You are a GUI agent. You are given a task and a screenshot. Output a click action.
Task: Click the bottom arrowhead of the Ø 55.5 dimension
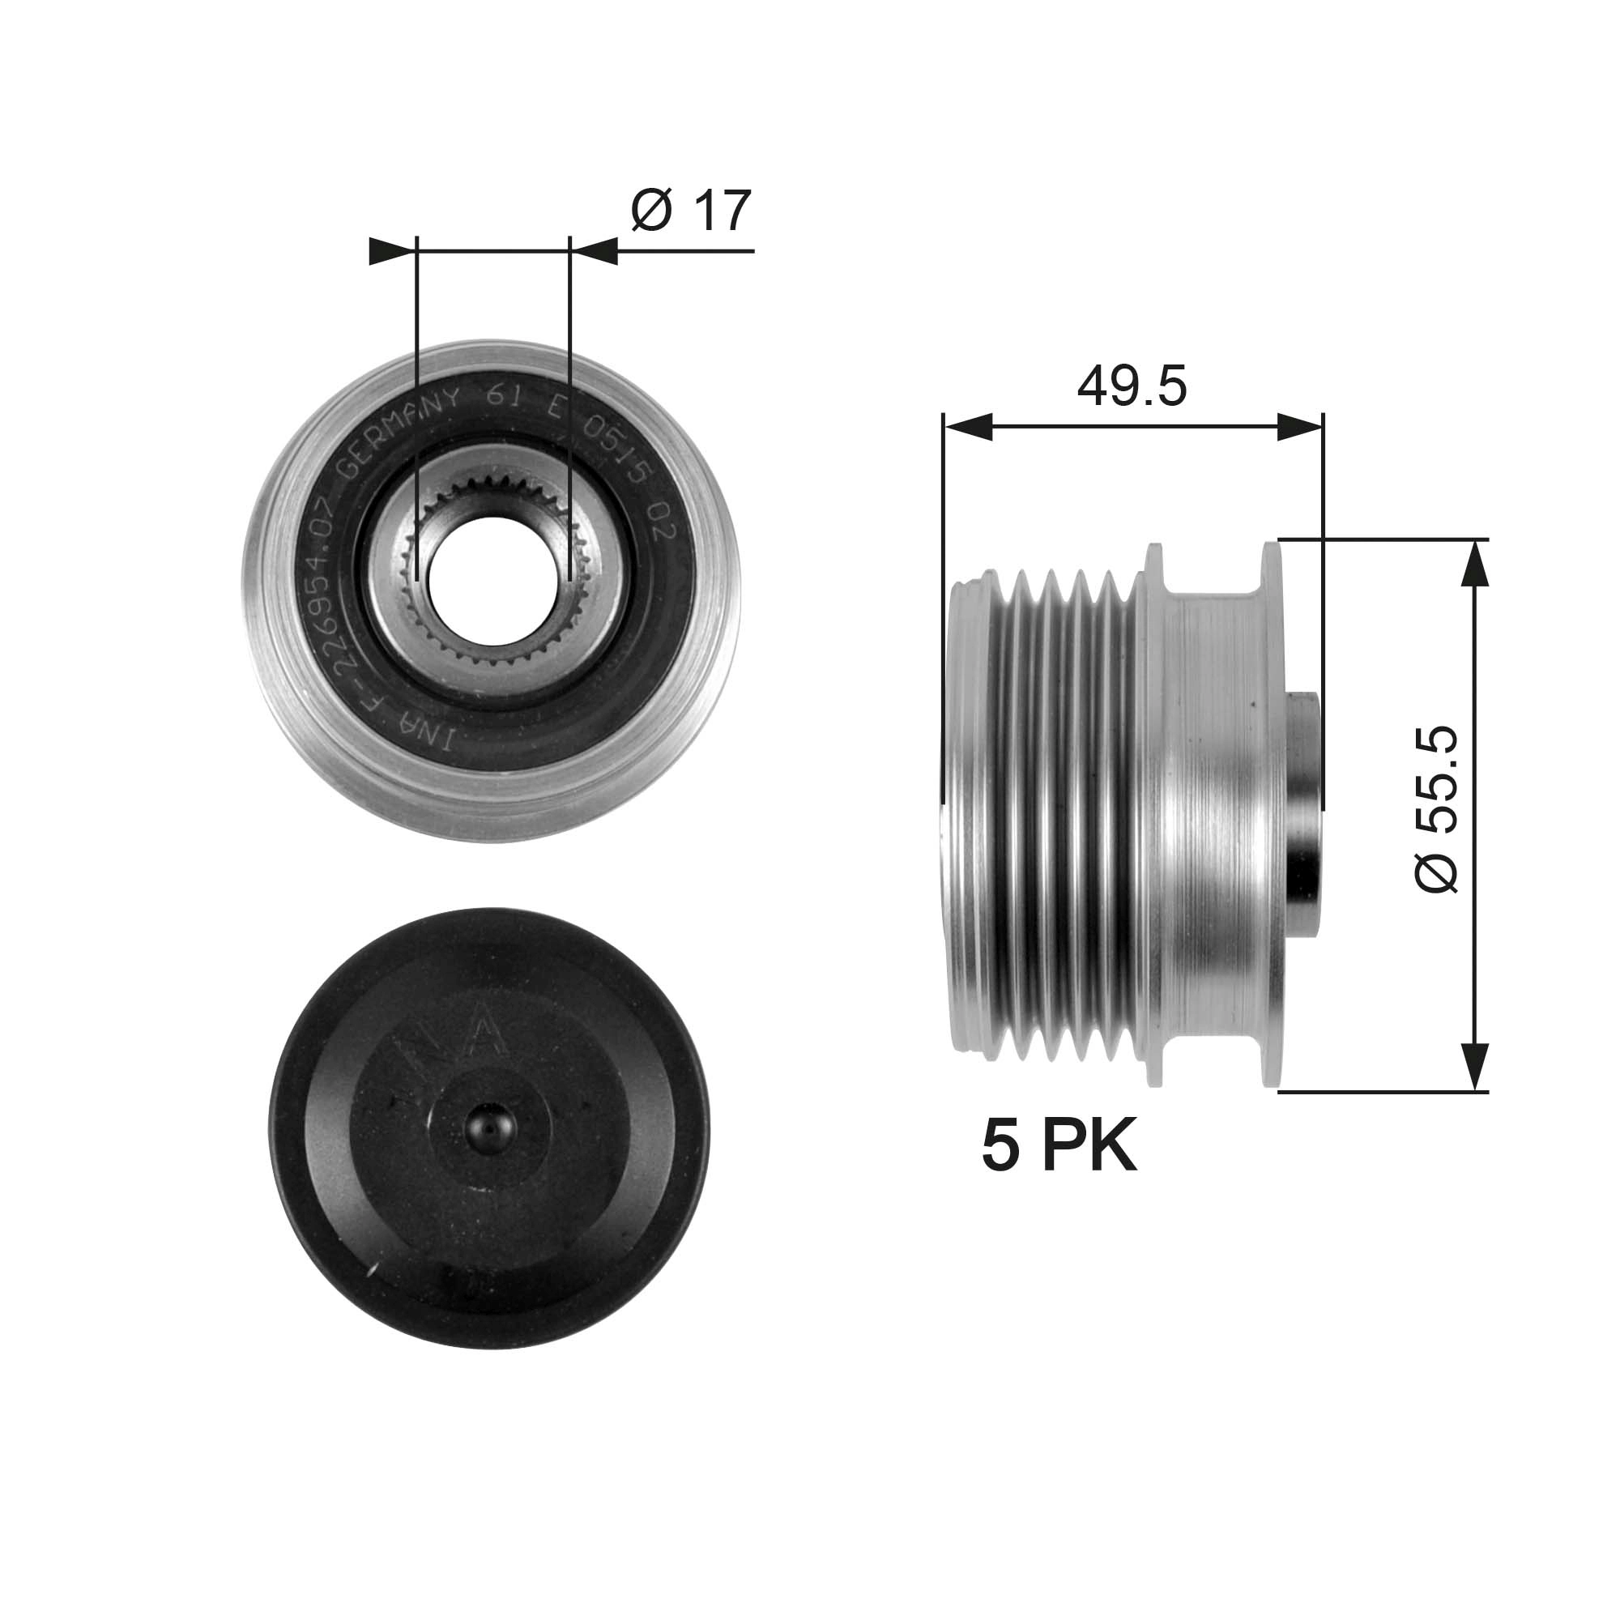tap(1475, 1066)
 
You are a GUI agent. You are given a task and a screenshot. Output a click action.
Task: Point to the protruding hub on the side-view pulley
tap(1304, 813)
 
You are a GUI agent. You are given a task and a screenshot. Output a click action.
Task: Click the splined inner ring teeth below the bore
tap(492, 649)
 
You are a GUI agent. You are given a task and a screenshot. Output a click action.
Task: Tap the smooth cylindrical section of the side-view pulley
tap(1216, 813)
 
